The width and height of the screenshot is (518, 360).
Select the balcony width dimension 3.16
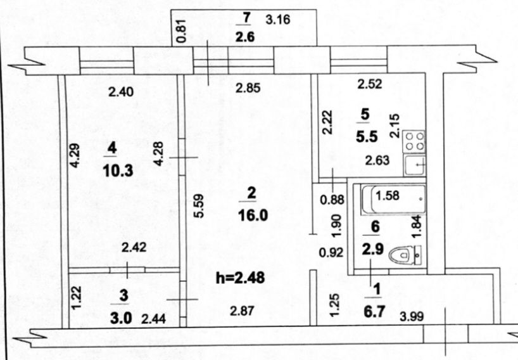(277, 19)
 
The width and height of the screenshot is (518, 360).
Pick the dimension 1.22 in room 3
(75, 298)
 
